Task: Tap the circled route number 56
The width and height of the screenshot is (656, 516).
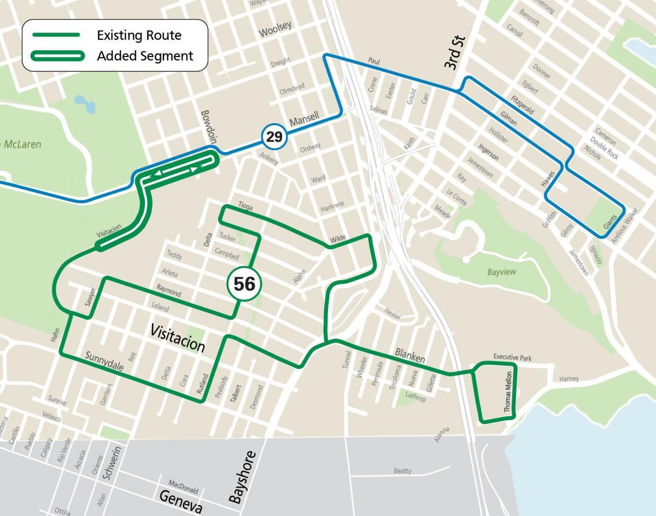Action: point(244,283)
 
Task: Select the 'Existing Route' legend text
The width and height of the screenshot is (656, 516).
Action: point(139,36)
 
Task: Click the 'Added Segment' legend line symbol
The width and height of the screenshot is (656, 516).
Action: point(57,56)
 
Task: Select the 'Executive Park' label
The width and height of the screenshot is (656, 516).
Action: point(512,357)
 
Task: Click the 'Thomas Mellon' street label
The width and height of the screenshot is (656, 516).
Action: point(508,392)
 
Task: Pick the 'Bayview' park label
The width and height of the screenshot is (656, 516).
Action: point(501,272)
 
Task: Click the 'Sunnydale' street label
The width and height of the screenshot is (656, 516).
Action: point(104,363)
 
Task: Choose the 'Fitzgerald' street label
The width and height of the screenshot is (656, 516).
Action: point(522,103)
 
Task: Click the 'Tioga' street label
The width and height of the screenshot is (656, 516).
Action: point(246,206)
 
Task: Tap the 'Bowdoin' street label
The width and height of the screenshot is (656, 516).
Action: point(209,126)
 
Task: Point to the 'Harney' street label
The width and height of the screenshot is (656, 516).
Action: point(569,378)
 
